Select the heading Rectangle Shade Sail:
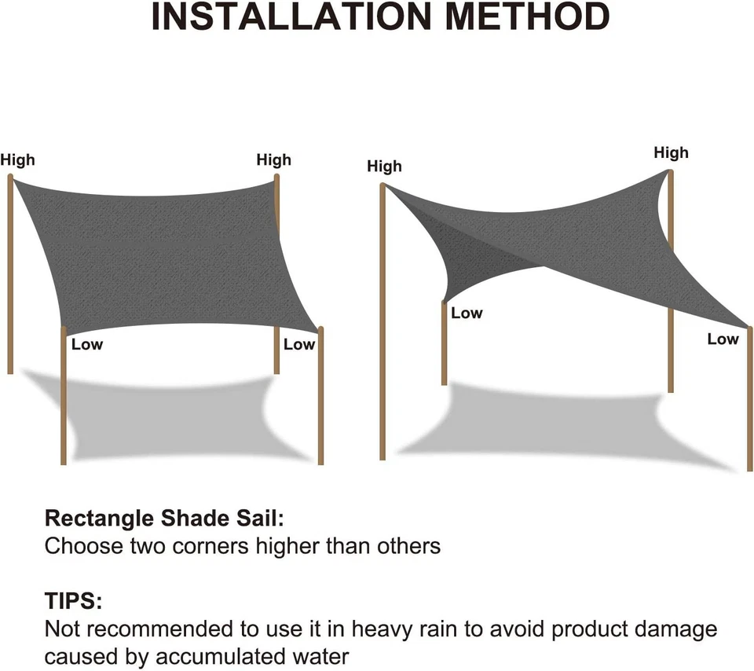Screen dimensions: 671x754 click(163, 519)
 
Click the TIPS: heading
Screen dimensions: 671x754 click(73, 603)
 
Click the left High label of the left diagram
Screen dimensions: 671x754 click(17, 160)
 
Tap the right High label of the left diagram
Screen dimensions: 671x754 click(273, 160)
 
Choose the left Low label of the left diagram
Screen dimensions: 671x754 click(87, 345)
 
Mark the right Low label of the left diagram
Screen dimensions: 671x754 click(298, 345)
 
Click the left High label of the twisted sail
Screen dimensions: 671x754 click(384, 167)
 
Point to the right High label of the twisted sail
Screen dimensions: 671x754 click(671, 153)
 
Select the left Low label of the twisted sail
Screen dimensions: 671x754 click(467, 313)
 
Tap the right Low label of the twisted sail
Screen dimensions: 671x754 click(723, 339)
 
